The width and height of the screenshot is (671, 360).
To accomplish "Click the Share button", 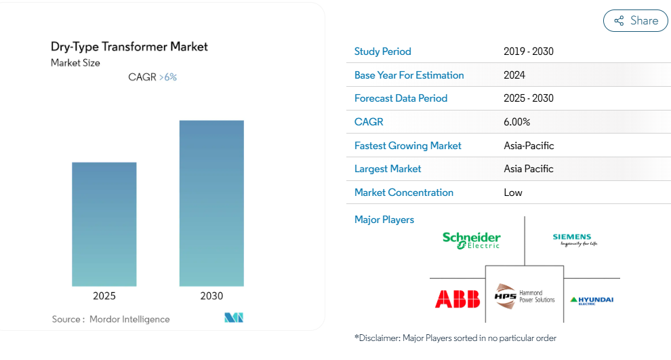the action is click(x=636, y=20).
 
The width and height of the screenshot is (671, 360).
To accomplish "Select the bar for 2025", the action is click(x=104, y=224).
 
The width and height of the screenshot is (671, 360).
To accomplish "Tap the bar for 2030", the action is click(x=211, y=203).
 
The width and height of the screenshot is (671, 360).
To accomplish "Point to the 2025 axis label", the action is click(x=104, y=296).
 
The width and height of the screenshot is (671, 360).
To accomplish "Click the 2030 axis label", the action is click(x=211, y=296).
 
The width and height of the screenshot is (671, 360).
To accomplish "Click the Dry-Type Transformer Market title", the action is click(x=129, y=47).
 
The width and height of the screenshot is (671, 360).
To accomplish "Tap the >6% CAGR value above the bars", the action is click(x=168, y=77).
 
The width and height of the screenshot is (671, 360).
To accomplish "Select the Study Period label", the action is click(x=382, y=52).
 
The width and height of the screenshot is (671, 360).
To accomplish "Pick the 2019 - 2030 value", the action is click(x=529, y=52).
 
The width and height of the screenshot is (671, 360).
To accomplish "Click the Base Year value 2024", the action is click(x=514, y=75).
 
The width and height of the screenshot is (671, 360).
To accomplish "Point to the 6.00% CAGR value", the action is click(x=516, y=122).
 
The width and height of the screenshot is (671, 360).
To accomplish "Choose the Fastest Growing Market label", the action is click(x=408, y=146).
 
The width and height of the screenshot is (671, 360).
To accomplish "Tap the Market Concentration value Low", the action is click(x=512, y=193).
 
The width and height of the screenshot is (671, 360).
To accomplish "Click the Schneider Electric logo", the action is click(x=471, y=240).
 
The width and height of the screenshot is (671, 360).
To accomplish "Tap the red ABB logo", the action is click(x=457, y=299).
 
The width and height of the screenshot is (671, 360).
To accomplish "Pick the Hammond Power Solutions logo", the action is click(x=524, y=296).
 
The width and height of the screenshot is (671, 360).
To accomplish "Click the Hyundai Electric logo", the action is click(x=592, y=300).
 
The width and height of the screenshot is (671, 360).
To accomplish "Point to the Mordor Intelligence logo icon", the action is click(x=234, y=317).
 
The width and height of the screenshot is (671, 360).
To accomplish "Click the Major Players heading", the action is click(x=384, y=220).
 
